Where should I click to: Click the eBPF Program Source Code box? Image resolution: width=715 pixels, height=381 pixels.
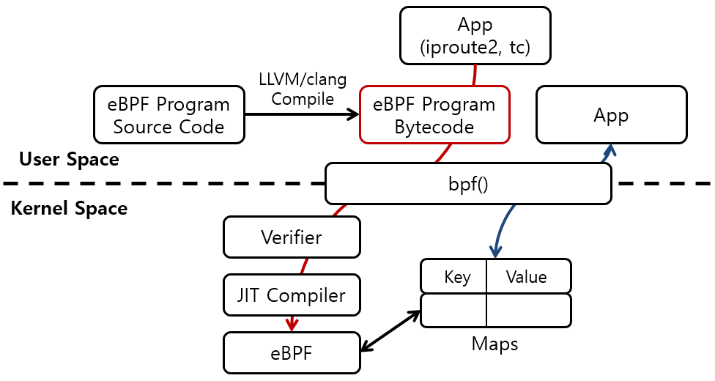(x=168, y=115)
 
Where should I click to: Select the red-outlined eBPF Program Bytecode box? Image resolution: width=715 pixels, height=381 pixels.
(x=434, y=115)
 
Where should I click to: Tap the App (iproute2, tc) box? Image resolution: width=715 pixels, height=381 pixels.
(x=474, y=35)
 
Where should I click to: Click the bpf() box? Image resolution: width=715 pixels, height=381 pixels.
(x=467, y=183)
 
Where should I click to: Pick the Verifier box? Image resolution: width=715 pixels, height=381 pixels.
(x=291, y=237)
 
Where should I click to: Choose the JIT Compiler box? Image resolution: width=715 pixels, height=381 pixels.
(x=291, y=295)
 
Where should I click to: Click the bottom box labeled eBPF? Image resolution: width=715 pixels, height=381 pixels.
(x=291, y=352)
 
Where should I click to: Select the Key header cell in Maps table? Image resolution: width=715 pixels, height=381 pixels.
(x=453, y=277)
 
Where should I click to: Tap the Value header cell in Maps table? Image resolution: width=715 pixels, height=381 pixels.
(x=527, y=277)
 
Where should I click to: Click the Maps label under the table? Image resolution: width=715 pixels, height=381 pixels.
(x=494, y=343)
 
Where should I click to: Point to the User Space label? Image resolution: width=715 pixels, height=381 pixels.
(x=69, y=160)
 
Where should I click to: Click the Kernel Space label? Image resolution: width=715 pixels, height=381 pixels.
(x=69, y=209)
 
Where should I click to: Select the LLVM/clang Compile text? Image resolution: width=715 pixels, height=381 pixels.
(x=302, y=88)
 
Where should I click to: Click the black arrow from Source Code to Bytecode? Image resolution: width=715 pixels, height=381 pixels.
(x=300, y=115)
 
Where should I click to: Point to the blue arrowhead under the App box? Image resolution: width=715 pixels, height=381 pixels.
(x=608, y=149)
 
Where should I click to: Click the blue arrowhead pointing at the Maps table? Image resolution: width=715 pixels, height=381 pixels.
(x=495, y=251)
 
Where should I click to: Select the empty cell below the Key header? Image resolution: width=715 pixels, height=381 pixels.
(x=453, y=311)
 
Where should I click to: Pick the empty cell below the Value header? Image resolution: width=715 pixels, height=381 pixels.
(x=528, y=311)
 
